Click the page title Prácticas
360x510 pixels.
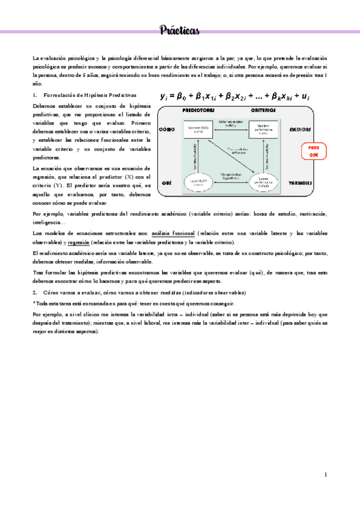point(180,30)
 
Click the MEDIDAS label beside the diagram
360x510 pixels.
point(300,129)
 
